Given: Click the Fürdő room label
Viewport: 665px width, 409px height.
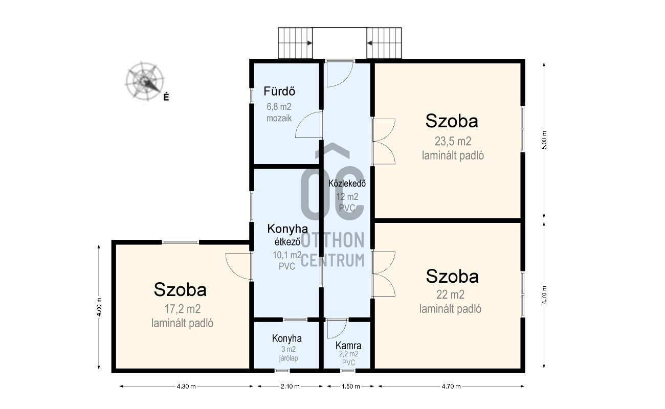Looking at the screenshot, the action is click(279, 91).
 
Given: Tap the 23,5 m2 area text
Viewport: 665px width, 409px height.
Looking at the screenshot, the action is click(453, 141).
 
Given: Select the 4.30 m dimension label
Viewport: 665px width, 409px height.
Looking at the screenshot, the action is click(186, 386).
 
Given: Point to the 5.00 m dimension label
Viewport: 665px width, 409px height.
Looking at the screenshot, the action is click(544, 140).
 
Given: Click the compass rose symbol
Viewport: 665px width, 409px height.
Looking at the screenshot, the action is click(145, 81).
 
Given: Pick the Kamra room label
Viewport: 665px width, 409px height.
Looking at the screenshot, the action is click(348, 345).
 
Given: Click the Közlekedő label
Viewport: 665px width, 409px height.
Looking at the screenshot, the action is click(347, 184).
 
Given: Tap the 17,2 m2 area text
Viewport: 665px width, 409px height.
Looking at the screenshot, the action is click(183, 309).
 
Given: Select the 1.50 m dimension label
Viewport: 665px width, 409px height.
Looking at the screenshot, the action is click(350, 386).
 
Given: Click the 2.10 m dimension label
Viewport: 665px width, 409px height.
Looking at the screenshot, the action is click(290, 386).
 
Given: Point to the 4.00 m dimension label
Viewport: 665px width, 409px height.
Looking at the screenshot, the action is click(99, 307).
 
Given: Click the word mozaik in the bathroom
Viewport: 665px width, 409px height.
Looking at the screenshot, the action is click(279, 118).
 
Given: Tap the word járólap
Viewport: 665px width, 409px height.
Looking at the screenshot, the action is click(289, 358).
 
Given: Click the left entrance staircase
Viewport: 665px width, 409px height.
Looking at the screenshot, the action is click(295, 43).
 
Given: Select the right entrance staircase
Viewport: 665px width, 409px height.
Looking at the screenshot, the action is click(384, 43).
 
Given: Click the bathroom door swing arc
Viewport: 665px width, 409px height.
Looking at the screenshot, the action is click(300, 122).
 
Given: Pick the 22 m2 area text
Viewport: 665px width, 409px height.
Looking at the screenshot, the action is click(450, 294).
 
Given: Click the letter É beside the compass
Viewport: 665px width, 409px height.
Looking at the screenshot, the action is click(166, 97).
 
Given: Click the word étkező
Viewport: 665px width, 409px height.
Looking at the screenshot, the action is click(287, 242).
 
